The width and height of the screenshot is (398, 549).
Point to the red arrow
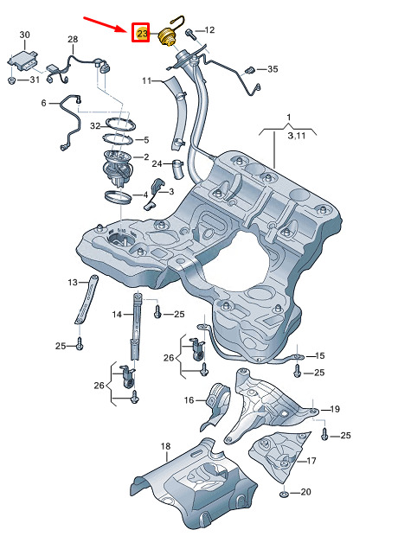tap(106, 24)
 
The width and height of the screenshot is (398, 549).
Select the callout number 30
tap(24, 35)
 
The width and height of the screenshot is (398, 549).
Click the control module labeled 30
tap(23, 61)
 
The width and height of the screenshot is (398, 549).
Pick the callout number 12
tap(209, 30)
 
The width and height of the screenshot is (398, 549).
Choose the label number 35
tap(273, 69)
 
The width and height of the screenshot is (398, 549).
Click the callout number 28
tap(73, 39)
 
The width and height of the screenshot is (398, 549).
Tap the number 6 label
tap(43, 103)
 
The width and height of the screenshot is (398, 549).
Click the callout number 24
tap(157, 163)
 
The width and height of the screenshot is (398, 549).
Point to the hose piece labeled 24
tap(177, 169)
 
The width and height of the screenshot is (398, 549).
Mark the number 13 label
tap(73, 282)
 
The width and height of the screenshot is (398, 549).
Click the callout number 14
tap(117, 315)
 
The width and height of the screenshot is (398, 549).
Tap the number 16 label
tap(189, 399)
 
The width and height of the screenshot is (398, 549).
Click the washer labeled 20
tap(284, 494)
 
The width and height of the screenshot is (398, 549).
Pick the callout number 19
tap(335, 409)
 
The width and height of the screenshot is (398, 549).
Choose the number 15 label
tap(320, 355)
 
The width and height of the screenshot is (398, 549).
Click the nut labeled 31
tap(11, 81)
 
